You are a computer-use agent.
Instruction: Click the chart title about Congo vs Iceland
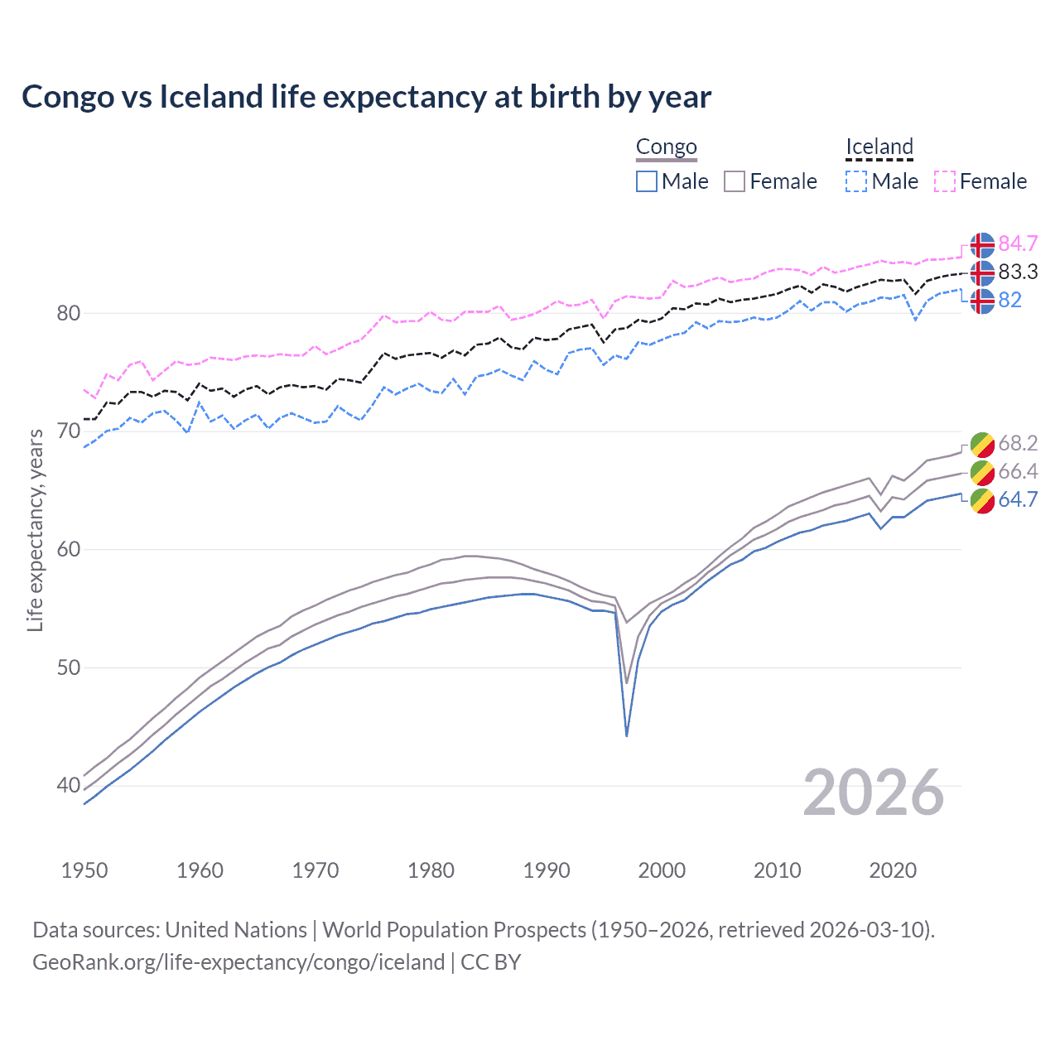point(366,97)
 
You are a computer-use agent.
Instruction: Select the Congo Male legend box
point(647,181)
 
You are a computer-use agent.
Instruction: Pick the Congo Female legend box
point(735,181)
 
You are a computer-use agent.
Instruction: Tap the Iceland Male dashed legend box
point(856,181)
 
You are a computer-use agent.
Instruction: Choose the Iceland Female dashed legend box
point(945,181)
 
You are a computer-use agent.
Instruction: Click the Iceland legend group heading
point(879,147)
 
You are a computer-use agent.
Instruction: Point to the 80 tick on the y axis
point(69,313)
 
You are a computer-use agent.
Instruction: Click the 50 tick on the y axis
point(69,667)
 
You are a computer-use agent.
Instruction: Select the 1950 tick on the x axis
point(84,870)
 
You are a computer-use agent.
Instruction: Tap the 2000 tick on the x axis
point(662,870)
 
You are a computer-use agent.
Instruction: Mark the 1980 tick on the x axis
point(431,870)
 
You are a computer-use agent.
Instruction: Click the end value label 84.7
point(1018,243)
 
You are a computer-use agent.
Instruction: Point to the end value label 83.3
point(1018,272)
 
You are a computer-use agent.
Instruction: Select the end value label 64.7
point(1018,499)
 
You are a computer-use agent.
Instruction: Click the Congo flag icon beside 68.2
point(982,444)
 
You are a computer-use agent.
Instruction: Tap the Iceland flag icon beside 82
point(982,301)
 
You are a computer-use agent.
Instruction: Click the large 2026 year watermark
point(873,793)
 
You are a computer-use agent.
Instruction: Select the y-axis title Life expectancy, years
point(35,530)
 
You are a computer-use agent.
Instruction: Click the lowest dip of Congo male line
point(627,735)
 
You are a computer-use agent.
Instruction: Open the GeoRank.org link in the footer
point(238,962)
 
